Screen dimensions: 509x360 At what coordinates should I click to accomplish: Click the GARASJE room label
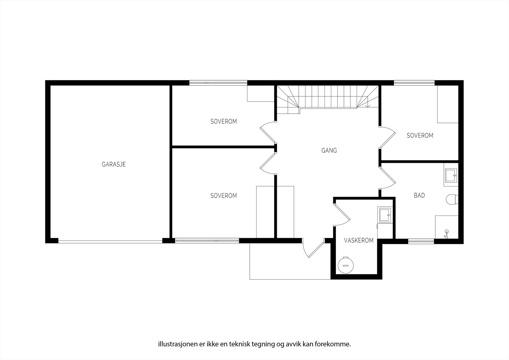pyautogui.click(x=114, y=164)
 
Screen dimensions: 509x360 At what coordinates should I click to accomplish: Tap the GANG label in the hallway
pyautogui.click(x=329, y=150)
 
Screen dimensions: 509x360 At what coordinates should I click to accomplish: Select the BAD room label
pyautogui.click(x=420, y=195)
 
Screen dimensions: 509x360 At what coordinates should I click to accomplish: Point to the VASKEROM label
pyautogui.click(x=359, y=240)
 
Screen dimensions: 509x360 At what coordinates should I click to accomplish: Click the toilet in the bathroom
pyautogui.click(x=452, y=200)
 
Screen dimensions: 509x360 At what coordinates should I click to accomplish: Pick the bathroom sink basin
pyautogui.click(x=451, y=175)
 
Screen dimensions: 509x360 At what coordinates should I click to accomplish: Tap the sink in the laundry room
pyautogui.click(x=385, y=215)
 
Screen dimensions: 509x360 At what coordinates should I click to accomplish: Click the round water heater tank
pyautogui.click(x=345, y=265)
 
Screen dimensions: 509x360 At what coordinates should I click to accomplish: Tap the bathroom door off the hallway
pyautogui.click(x=387, y=178)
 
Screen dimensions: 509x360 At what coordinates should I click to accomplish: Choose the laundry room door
pyautogui.click(x=342, y=215)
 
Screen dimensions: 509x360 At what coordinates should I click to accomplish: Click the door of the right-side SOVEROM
pyautogui.click(x=387, y=138)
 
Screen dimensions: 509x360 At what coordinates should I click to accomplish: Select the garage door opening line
pyautogui.click(x=110, y=242)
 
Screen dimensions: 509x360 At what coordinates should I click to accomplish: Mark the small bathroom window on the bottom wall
pyautogui.click(x=421, y=241)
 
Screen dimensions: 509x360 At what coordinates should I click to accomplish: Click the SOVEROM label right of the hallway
pyautogui.click(x=420, y=136)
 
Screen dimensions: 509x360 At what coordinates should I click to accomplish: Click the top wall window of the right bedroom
pyautogui.click(x=414, y=82)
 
